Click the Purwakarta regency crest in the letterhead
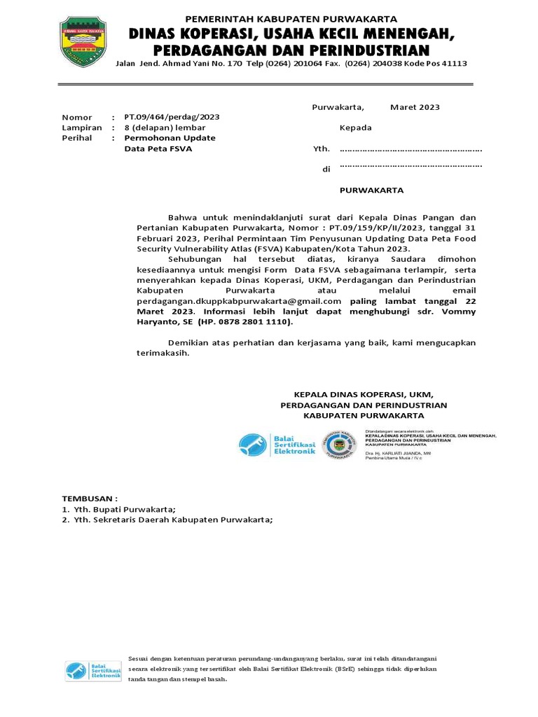(x=83, y=41)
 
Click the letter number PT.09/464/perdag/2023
(x=172, y=117)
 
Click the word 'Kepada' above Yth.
(x=356, y=127)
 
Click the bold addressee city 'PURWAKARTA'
(x=371, y=190)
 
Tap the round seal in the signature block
(x=338, y=445)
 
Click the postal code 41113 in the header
(x=453, y=64)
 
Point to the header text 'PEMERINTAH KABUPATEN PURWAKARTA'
(x=291, y=19)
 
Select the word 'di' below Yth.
(x=326, y=169)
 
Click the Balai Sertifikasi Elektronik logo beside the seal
(x=277, y=444)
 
